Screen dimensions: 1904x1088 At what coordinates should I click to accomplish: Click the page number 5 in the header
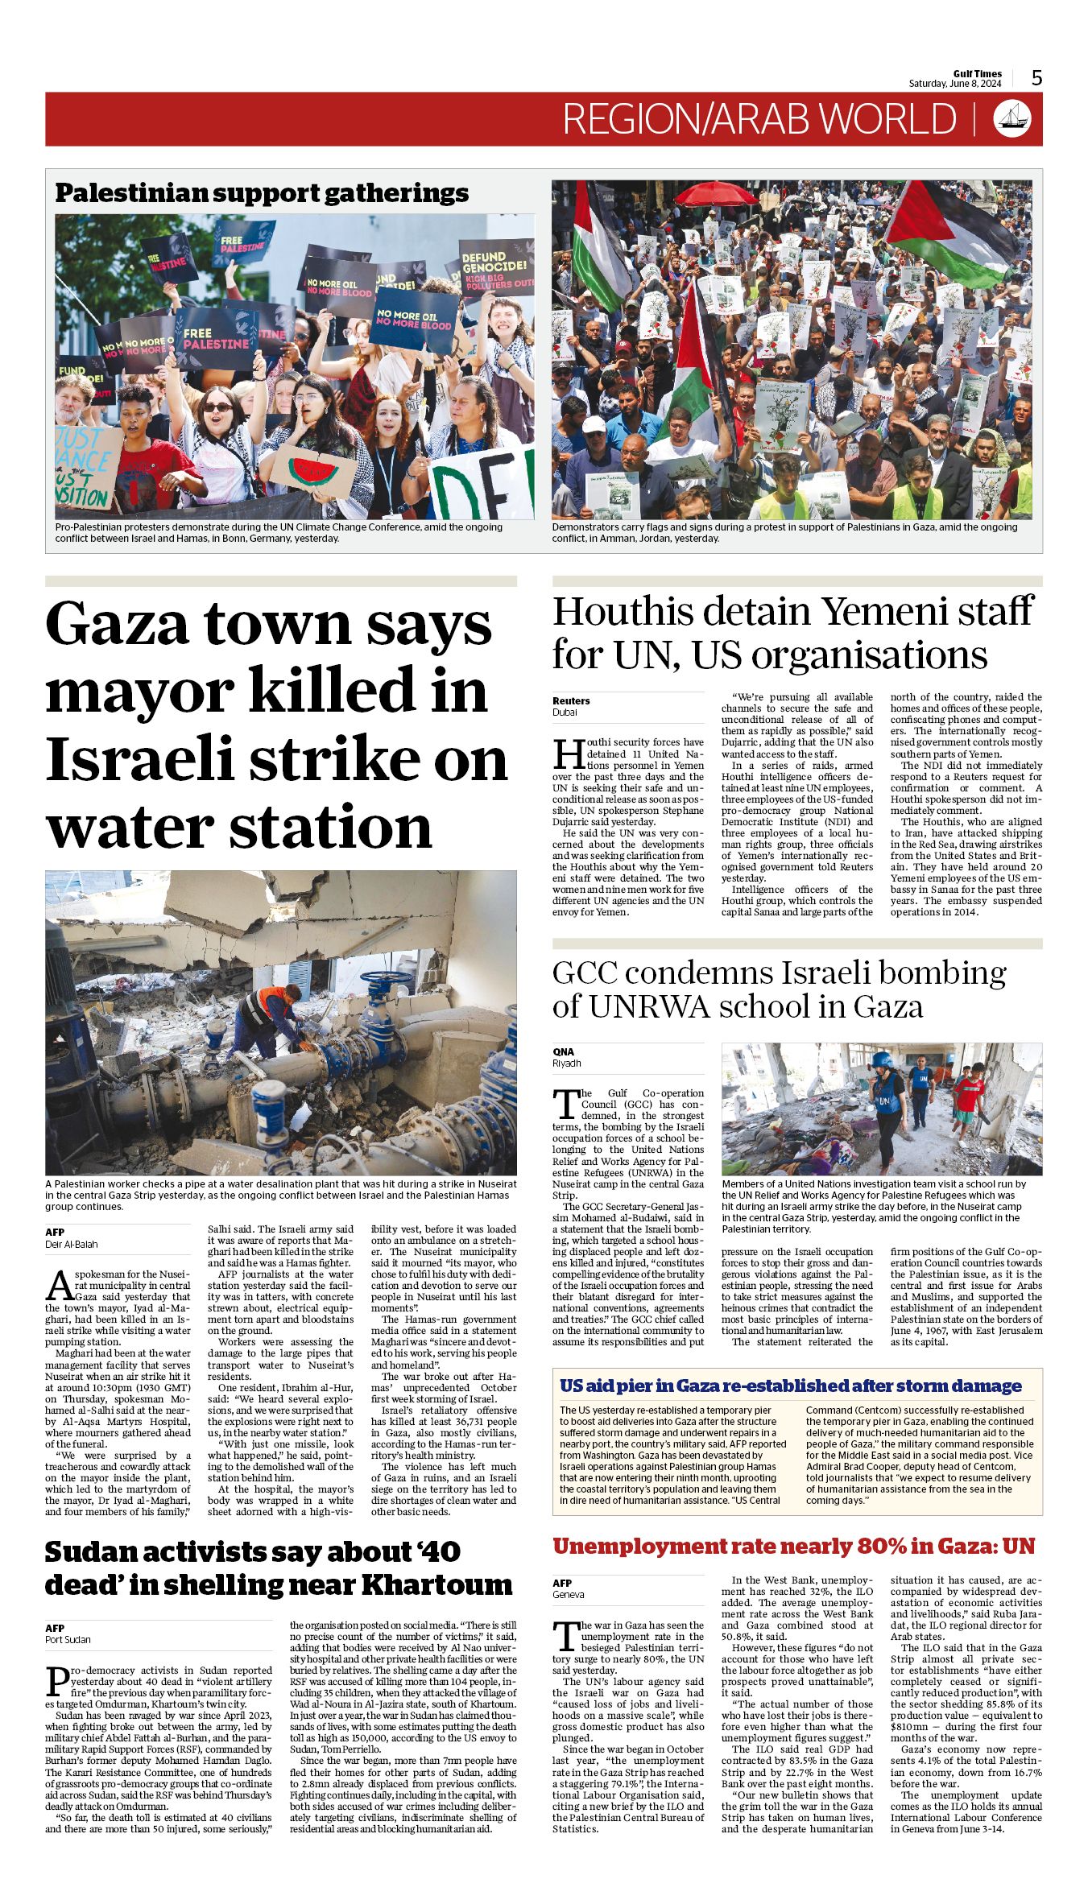tap(1036, 78)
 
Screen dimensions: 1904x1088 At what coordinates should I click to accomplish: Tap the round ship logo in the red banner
tap(1013, 118)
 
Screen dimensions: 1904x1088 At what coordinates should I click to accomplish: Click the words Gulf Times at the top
tap(978, 73)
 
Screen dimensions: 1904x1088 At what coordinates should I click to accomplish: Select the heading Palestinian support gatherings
tap(262, 193)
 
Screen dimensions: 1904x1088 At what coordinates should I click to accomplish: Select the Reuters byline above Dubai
tap(571, 700)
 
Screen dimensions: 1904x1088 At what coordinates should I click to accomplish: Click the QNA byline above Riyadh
tap(564, 1051)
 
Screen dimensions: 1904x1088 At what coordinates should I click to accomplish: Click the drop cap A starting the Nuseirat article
tap(59, 1287)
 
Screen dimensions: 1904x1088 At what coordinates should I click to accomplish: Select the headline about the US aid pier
tap(791, 1386)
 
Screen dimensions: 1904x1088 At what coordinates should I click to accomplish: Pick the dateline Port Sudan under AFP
tap(68, 1639)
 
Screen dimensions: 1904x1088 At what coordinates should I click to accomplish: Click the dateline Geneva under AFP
tap(569, 1594)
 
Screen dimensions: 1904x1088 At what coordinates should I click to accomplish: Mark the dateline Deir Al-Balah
tap(71, 1244)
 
